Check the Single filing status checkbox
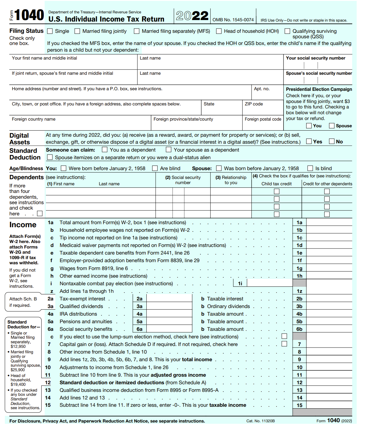[x=50, y=31]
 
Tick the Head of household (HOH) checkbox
[x=219, y=31]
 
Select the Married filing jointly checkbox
[x=77, y=31]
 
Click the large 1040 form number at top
[x=29, y=15]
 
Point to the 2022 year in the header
[x=192, y=16]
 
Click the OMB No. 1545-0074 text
[x=233, y=20]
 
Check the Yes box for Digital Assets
[x=309, y=141]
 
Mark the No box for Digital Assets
[x=332, y=141]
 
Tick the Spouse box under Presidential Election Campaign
[x=332, y=125]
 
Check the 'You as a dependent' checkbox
[x=105, y=149]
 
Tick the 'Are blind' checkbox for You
[x=155, y=168]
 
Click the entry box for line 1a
[x=329, y=222]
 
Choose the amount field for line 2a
[x=169, y=299]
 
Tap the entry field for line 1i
[x=270, y=283]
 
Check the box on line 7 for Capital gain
[x=284, y=344]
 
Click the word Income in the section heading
[x=23, y=225]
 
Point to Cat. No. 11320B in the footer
[x=260, y=421]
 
